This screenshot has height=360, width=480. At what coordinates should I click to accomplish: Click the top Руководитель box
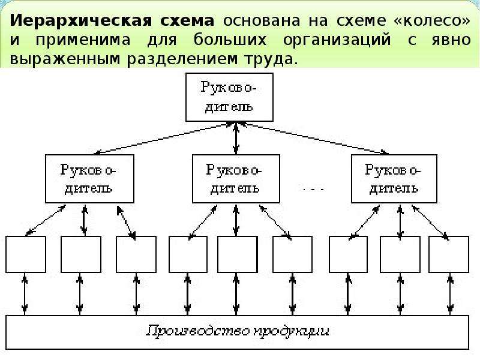coord(229,97)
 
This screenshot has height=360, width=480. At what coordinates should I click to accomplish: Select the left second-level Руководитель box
coord(88,178)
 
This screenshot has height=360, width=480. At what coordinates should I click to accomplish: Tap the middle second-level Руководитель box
coord(235,178)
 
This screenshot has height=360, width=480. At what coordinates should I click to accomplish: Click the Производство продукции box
coord(237,331)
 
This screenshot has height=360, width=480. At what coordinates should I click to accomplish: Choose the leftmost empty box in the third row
coord(26,254)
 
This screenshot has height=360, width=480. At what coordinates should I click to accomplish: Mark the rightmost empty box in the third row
coord(448,254)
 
